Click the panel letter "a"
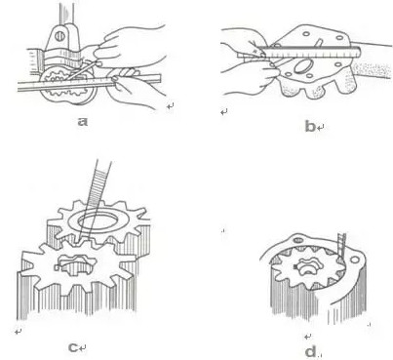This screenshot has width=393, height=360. [x=83, y=122]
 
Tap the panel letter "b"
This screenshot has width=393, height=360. [x=310, y=126]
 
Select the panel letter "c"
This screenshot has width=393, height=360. [x=73, y=347]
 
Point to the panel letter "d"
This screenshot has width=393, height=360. [x=311, y=351]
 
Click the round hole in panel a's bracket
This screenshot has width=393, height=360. [x=59, y=36]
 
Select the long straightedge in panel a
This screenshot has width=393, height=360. [x=89, y=83]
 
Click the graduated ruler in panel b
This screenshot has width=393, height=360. [x=299, y=53]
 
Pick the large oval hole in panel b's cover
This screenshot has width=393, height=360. [x=303, y=66]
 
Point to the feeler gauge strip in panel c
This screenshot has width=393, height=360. [x=96, y=198]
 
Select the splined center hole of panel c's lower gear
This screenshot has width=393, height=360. [x=77, y=265]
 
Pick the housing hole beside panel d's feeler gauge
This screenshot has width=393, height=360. [x=354, y=260]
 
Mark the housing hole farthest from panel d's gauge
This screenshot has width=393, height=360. [x=297, y=241]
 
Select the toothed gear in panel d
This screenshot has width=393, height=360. [x=307, y=267]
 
